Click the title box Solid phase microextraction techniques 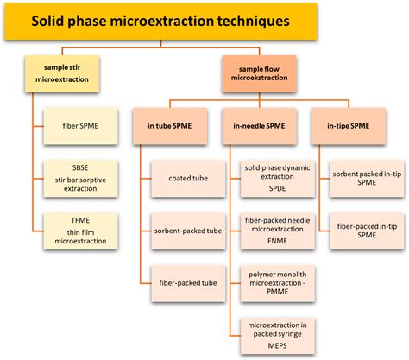pyautogui.click(x=204, y=20)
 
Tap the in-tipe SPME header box pyautogui.click(x=353, y=125)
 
